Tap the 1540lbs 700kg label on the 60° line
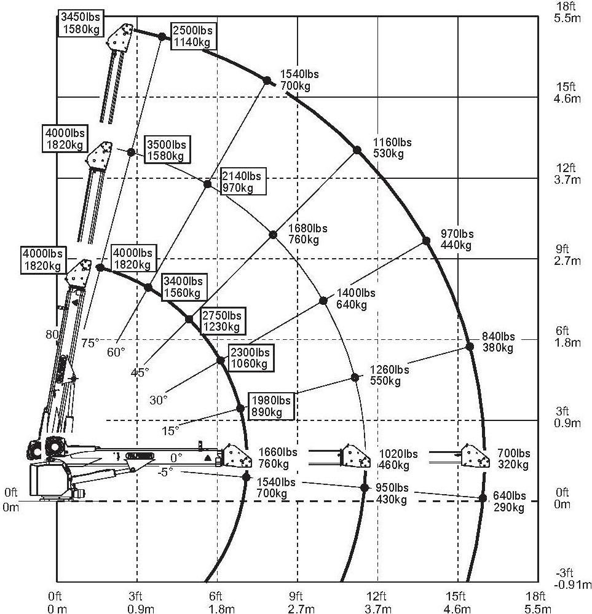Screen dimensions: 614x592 (299, 80)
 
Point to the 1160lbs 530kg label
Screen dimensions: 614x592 (392, 148)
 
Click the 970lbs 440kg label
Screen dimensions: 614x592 (457, 239)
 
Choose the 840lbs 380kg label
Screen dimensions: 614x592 (499, 342)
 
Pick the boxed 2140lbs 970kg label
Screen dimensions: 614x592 (242, 181)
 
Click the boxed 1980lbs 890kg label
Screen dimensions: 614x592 (270, 406)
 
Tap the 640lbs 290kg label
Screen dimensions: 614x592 (510, 502)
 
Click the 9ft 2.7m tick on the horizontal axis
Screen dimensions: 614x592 (297, 601)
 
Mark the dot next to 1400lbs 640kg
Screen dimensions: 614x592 (323, 301)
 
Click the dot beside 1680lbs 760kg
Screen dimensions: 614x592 (273, 234)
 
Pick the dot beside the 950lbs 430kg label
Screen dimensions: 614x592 (364, 487)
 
